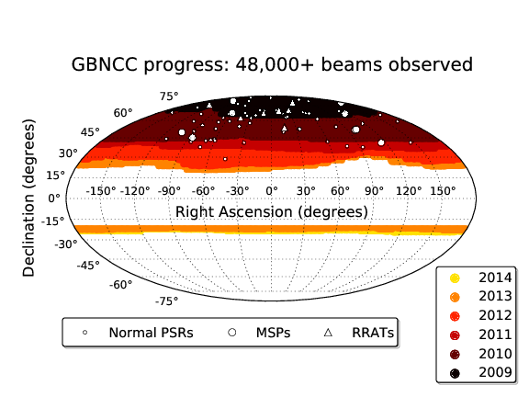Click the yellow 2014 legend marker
[x=455, y=278]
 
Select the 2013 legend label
[x=495, y=296]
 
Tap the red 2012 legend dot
[x=455, y=316]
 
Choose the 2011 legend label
[x=495, y=335]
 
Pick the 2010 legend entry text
[x=495, y=354]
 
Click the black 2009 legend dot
[x=455, y=373]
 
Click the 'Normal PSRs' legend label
[x=151, y=333]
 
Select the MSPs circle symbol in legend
[x=232, y=333]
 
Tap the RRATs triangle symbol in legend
[x=328, y=333]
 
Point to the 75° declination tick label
[x=169, y=96]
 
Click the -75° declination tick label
[x=166, y=301]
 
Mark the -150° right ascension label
[x=101, y=191]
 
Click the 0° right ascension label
[x=272, y=191]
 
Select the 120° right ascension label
[x=409, y=191]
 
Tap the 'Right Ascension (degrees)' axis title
[x=272, y=212]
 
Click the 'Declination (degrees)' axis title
[x=28, y=198]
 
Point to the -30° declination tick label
[x=66, y=244]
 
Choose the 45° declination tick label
[x=90, y=132]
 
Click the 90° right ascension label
[x=374, y=191]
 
